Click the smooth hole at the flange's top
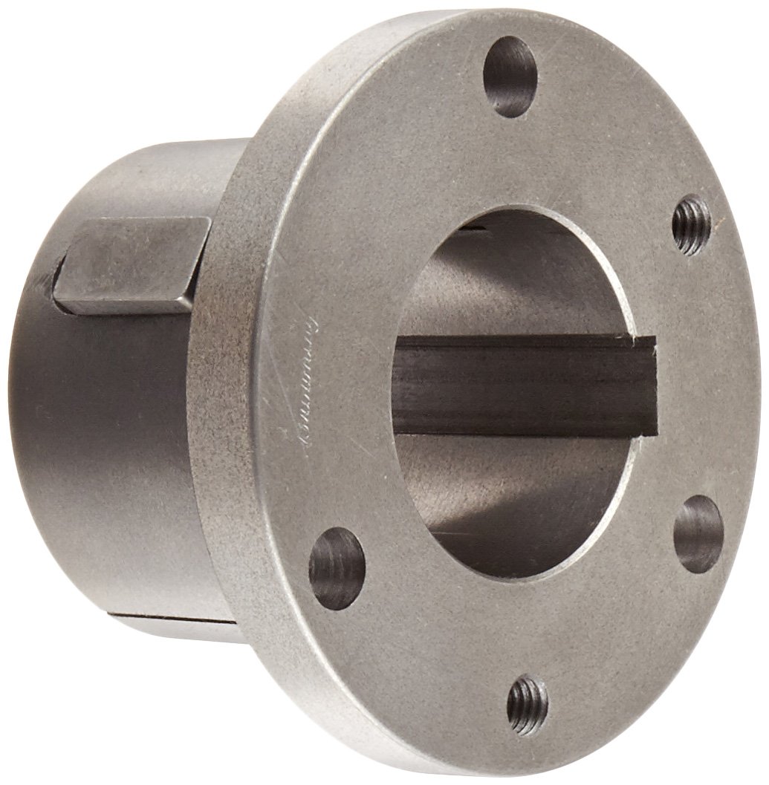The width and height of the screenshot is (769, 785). click(510, 76)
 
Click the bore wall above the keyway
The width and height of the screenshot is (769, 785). click(513, 290)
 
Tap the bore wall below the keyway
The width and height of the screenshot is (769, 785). click(513, 483)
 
